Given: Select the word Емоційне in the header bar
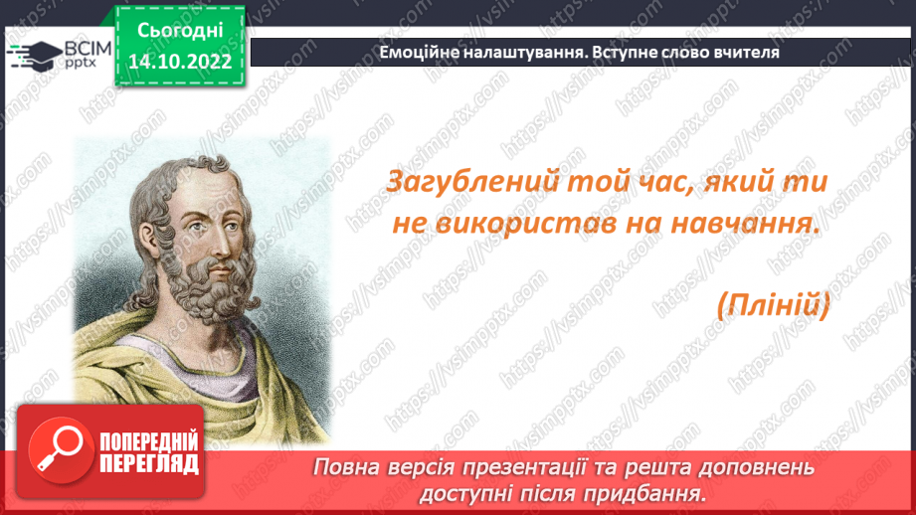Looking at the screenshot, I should tap(419, 53).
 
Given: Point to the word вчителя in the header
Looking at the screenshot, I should tap(743, 53).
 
